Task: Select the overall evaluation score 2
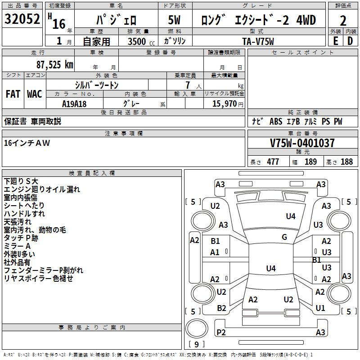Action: pyautogui.click(x=343, y=21)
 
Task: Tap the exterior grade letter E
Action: pyautogui.click(x=335, y=41)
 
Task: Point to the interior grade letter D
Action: pyautogui.click(x=350, y=41)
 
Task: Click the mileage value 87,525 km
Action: pyautogui.click(x=54, y=65)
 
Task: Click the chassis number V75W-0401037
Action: pyautogui.click(x=302, y=143)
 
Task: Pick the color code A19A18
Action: pyautogui.click(x=74, y=104)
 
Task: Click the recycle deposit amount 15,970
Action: pyautogui.click(x=224, y=104)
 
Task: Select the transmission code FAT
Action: pyautogui.click(x=13, y=94)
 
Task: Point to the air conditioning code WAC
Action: pyautogui.click(x=34, y=94)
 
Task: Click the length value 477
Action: pyautogui.click(x=273, y=162)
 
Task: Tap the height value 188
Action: pyautogui.click(x=346, y=162)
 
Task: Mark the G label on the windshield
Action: pyautogui.click(x=284, y=237)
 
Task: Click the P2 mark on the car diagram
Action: pyautogui.click(x=221, y=332)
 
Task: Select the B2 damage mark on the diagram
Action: pyautogui.click(x=221, y=308)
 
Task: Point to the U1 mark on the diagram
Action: pyautogui.click(x=320, y=308)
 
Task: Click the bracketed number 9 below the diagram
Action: pyautogui.click(x=196, y=345)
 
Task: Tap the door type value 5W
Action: pyautogui.click(x=175, y=21)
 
